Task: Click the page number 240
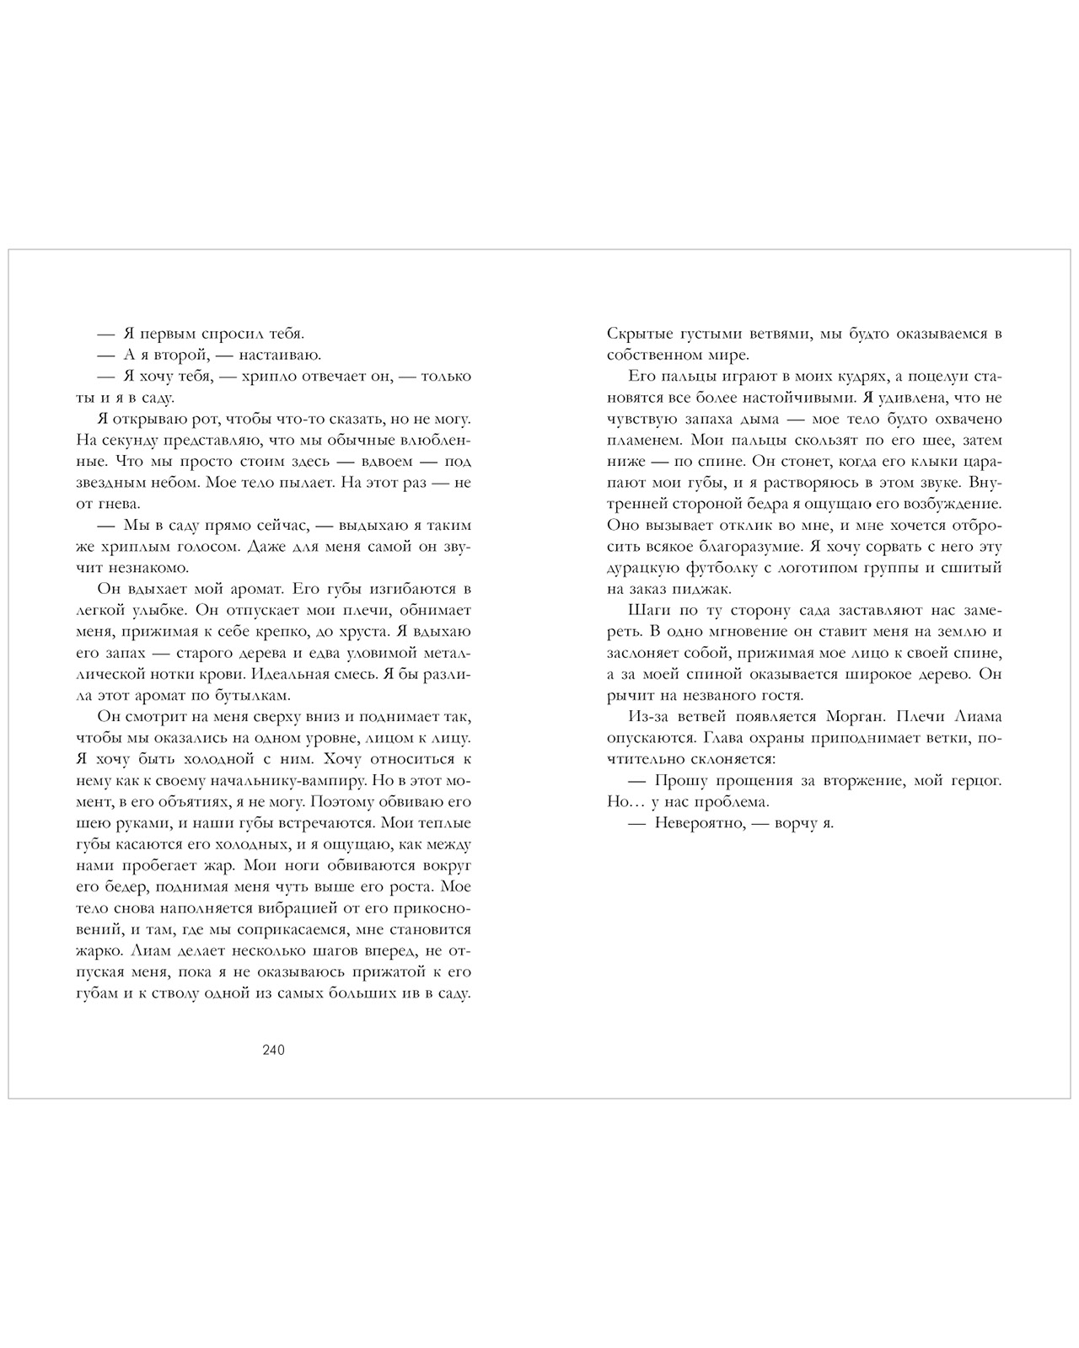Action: click(x=274, y=1050)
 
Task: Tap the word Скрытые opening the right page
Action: click(x=636, y=334)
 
